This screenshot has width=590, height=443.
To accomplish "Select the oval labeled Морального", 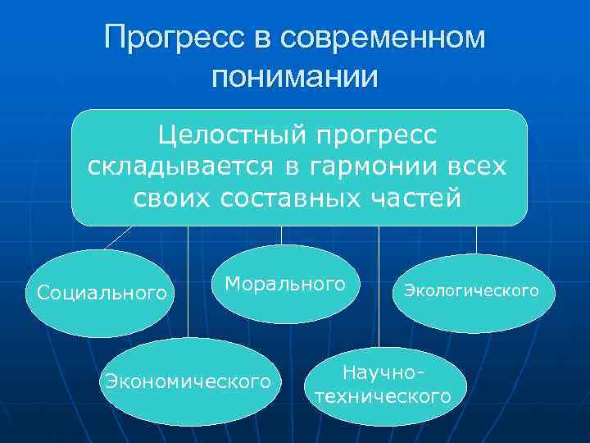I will click(285, 284).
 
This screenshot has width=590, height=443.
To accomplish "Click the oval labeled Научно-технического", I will click(383, 384).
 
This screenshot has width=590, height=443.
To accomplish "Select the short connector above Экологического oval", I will click(476, 240).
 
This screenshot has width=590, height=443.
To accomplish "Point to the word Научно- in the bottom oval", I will click(383, 373).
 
